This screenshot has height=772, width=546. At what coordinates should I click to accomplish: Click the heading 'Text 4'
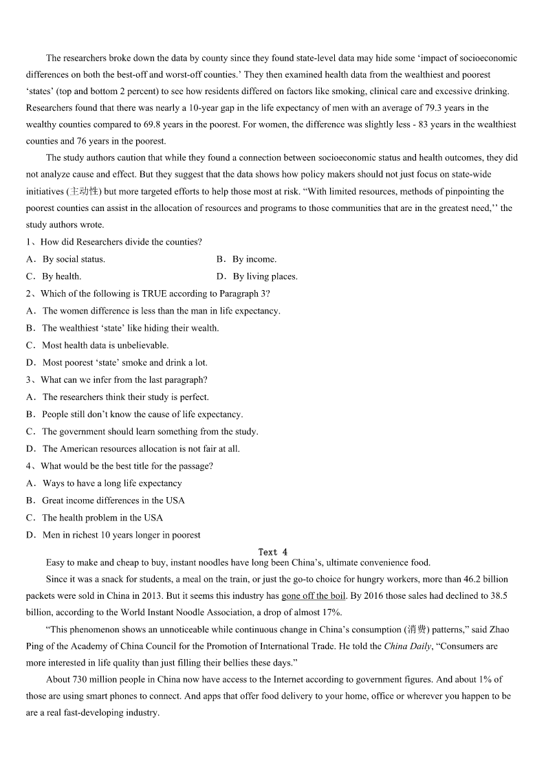click(273, 552)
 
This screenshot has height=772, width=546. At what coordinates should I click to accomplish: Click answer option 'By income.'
click(254, 259)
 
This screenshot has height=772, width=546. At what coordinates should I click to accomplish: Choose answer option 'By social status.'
click(73, 259)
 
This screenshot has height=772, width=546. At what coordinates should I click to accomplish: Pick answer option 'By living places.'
click(265, 276)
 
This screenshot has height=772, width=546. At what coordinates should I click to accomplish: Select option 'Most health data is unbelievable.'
click(105, 345)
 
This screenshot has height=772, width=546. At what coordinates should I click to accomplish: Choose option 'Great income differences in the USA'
click(113, 500)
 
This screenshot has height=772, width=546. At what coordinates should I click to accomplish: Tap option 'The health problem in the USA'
click(102, 518)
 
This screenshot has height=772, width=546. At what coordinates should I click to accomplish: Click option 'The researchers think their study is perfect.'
click(125, 397)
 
